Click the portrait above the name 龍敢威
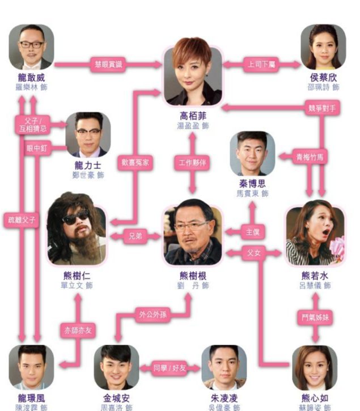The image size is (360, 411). [x=31, y=46]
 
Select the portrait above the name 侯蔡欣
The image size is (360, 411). [x=323, y=46]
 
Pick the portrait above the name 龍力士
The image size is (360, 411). [x=87, y=134]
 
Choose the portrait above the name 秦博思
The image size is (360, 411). [x=252, y=153]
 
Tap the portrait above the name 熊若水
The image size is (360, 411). [x=315, y=236]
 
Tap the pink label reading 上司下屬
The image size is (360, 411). [x=261, y=64]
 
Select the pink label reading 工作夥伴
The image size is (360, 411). [x=193, y=164]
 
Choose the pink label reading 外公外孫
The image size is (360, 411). [x=151, y=313]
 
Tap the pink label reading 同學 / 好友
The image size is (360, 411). [x=170, y=368]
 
